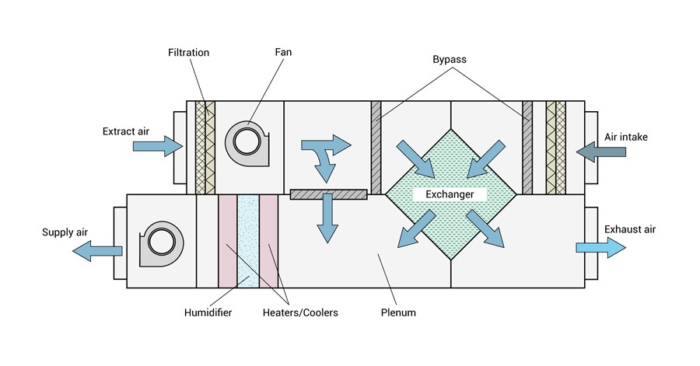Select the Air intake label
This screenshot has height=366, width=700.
coord(625,137)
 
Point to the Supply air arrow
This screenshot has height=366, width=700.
coord(97,249)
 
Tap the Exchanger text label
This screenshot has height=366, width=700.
coord(450,194)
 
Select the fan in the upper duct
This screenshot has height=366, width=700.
coord(248,141)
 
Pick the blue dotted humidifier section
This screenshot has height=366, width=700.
coord(248,241)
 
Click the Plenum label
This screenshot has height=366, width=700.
coord(400,313)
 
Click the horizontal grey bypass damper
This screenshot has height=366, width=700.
coord(327,194)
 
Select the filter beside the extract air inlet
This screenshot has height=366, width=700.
coord(205,148)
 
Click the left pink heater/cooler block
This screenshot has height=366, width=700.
coord(227,241)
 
